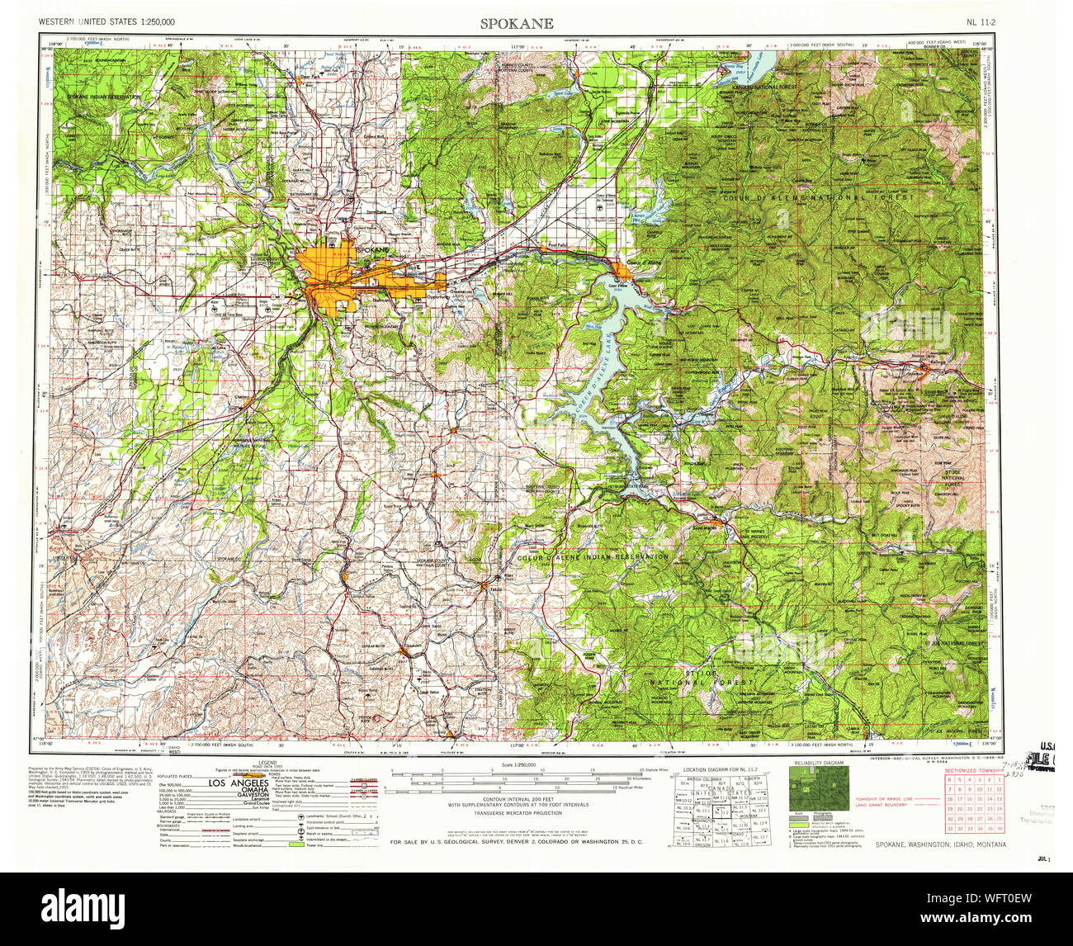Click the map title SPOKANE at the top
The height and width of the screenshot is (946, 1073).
(x=518, y=23)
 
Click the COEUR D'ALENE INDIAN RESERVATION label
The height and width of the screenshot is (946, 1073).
(x=592, y=557)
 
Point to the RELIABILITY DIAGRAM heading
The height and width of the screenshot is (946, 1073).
(x=819, y=764)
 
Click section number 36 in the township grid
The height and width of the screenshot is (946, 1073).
(x=1000, y=828)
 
